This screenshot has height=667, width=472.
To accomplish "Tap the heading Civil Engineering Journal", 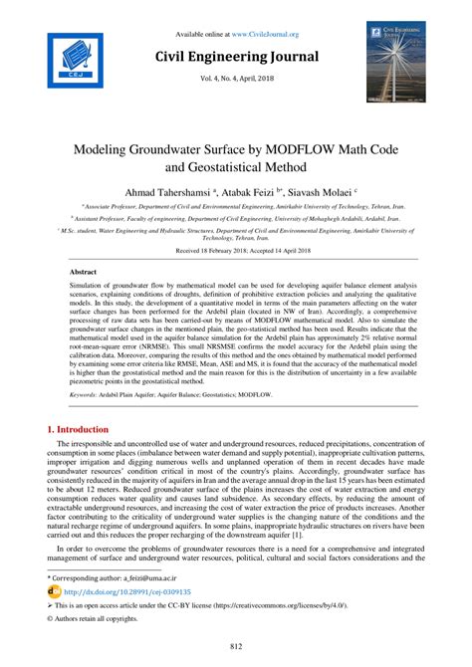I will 236,57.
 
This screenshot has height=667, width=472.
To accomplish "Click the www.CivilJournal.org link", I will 264,34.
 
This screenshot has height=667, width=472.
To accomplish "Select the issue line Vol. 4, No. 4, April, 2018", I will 236,81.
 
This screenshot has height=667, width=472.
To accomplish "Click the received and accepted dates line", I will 236,250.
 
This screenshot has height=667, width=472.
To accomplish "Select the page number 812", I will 236,648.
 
